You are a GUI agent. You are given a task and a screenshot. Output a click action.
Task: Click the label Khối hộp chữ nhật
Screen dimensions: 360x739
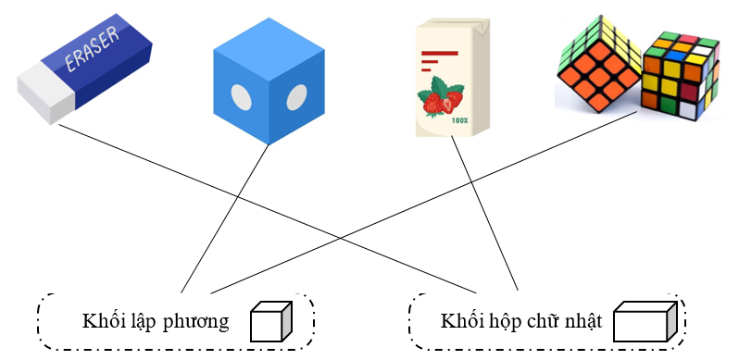coord(522,322)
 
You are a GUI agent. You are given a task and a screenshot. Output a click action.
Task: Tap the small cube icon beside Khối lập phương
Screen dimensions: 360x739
coord(272,322)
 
